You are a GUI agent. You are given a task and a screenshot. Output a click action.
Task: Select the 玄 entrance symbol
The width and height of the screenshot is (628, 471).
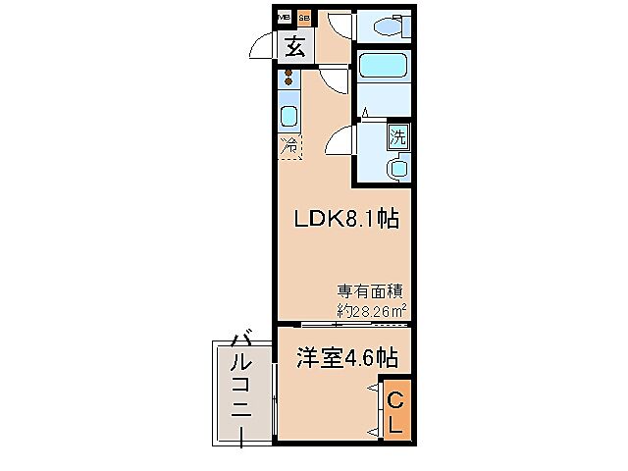pos(294,46)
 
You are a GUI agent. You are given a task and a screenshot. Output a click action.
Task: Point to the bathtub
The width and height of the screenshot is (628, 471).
pos(385,70)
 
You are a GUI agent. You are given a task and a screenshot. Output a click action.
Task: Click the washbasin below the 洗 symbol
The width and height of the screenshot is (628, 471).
pos(397,168)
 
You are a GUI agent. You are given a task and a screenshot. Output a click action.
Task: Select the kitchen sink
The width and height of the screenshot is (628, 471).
pos(289,117)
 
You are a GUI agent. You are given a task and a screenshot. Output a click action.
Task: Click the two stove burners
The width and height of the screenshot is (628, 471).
pos(289,78)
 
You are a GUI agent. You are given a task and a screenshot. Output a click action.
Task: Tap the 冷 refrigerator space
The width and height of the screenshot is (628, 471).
pos(289,147)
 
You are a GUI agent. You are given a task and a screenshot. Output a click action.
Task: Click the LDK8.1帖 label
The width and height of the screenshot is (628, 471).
pos(345,219)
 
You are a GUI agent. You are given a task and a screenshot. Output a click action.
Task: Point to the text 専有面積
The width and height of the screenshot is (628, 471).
pos(371,290)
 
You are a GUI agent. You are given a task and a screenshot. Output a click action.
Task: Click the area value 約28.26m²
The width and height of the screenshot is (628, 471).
pos(372,310)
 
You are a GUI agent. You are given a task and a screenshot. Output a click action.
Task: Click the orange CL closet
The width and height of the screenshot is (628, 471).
pos(394,412)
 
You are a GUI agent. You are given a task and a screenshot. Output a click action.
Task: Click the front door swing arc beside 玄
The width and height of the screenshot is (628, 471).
pos(261,46)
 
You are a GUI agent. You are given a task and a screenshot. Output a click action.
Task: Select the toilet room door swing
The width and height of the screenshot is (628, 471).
pos(339,25)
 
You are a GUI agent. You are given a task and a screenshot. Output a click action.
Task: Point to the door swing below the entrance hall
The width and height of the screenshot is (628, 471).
pos(334,79)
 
